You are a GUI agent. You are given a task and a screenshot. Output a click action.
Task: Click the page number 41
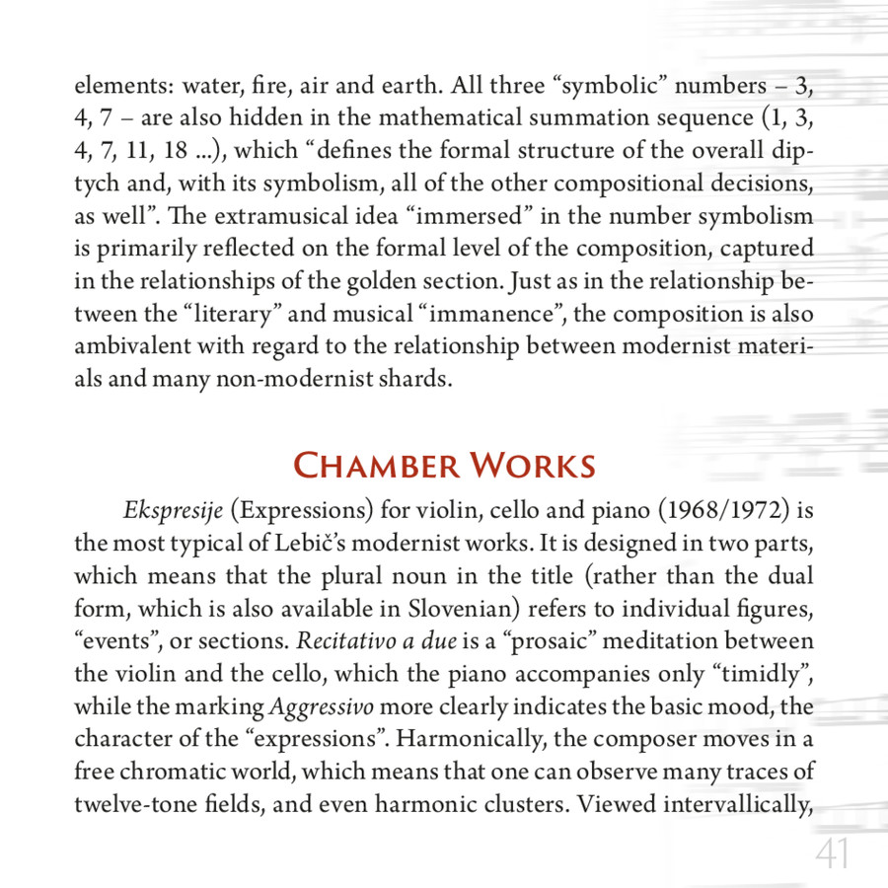[832, 854]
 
